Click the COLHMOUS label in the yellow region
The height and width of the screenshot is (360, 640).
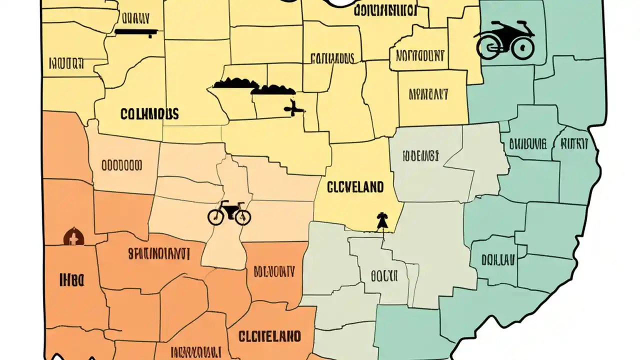pos(149,114)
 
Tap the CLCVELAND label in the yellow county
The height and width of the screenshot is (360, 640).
pos(355,187)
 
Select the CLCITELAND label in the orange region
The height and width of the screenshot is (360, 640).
pos(270,335)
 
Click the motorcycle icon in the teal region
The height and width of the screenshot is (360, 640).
pos(504,40)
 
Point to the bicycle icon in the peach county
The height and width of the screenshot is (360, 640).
pos(229,213)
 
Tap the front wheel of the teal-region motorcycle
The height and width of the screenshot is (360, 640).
pos(522,48)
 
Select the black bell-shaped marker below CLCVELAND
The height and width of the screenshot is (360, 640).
pos(382,221)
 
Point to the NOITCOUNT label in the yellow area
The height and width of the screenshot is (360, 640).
pos(420,55)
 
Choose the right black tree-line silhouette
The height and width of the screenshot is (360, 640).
pos(273,90)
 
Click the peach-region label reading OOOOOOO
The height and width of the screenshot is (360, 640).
pos(121,165)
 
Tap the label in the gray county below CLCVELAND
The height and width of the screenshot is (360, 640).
pos(384,275)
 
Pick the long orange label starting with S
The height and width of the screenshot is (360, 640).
pos(158,254)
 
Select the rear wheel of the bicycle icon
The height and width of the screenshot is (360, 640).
pos(215,217)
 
